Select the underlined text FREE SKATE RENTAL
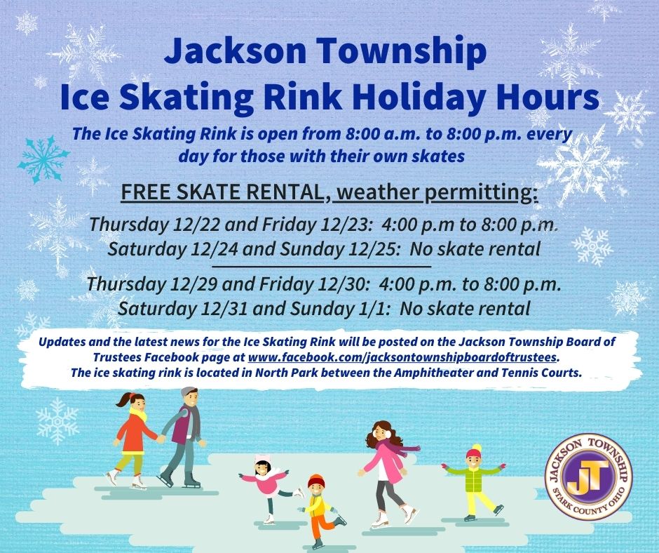point(222,192)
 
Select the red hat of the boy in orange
point(317,481)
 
